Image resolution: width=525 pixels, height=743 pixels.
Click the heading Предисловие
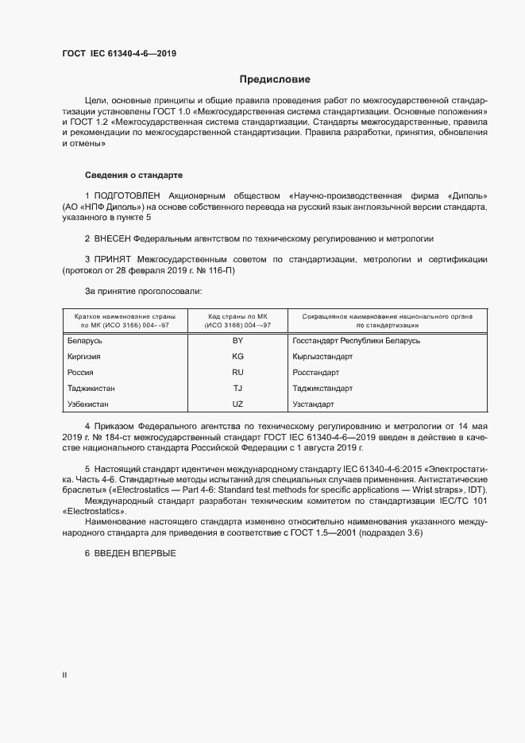click(275, 79)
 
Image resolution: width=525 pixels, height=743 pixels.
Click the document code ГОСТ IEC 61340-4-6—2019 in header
click(119, 53)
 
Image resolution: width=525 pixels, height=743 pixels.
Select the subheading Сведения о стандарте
click(134, 174)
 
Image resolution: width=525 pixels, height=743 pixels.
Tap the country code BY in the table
click(237, 340)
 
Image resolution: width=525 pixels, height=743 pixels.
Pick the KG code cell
click(237, 356)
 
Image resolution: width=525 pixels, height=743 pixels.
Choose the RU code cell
click(237, 372)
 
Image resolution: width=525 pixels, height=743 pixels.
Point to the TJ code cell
click(237, 388)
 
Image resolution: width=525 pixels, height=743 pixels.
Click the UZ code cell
click(237, 404)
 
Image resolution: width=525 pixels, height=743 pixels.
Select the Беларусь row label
click(86, 340)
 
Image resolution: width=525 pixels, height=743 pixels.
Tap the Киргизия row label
click(85, 356)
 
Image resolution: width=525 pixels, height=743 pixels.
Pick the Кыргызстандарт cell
click(322, 356)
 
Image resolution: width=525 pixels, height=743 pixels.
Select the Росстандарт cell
click(316, 372)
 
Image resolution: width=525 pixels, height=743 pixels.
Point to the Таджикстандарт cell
click(322, 388)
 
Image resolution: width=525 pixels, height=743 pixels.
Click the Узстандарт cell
click(314, 404)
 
